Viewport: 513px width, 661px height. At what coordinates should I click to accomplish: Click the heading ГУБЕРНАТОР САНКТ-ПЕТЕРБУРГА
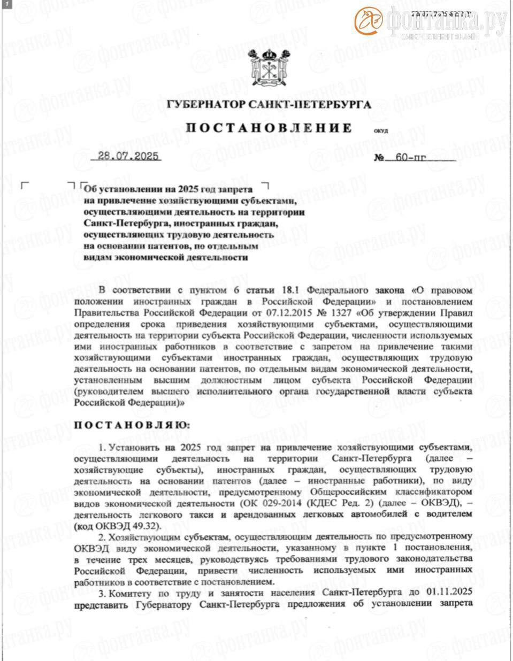tap(269, 104)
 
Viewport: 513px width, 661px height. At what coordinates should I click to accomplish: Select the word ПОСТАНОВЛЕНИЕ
tap(269, 128)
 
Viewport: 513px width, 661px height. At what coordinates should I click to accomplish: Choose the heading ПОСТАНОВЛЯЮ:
tap(131, 425)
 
